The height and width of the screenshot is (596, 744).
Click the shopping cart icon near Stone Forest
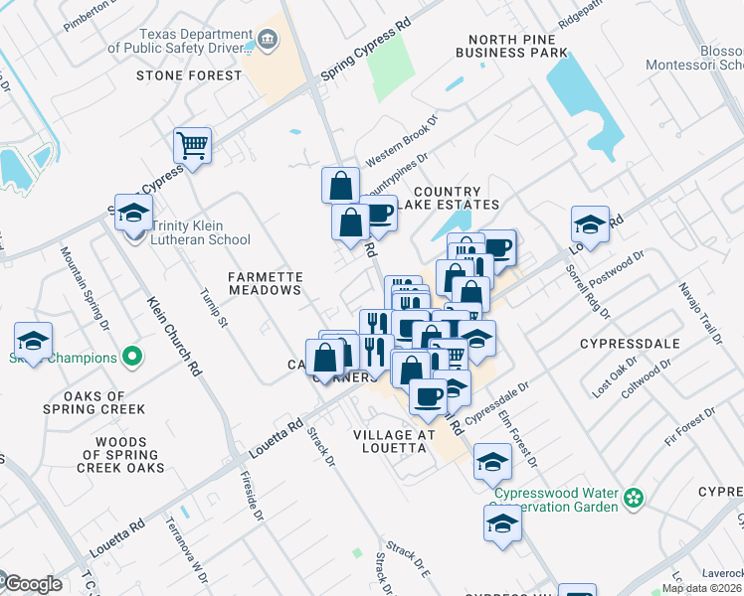(x=192, y=145)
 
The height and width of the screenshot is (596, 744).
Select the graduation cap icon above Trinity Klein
(x=132, y=212)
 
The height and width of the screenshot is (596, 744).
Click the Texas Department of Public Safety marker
(x=268, y=39)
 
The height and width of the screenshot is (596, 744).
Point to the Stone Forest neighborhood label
(x=189, y=75)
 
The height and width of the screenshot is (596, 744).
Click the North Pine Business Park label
(x=511, y=46)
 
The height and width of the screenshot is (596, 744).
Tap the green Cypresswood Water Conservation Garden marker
(x=632, y=500)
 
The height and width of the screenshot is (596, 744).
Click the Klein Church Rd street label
(x=175, y=336)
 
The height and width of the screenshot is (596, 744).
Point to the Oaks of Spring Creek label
(x=93, y=402)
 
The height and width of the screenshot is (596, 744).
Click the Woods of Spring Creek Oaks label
(x=105, y=455)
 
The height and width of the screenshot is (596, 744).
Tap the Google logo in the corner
(x=32, y=584)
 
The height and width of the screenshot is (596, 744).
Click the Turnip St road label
(x=214, y=309)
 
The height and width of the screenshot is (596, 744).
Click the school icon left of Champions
(x=33, y=341)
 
